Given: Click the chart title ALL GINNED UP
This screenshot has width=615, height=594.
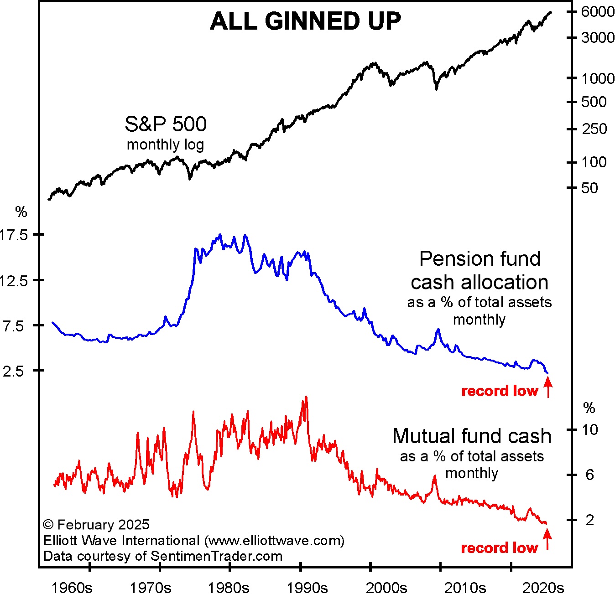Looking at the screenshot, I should (x=305, y=21).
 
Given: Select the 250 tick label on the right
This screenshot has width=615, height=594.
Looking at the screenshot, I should (x=594, y=129).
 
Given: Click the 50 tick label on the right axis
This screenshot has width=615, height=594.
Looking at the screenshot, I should (x=589, y=188).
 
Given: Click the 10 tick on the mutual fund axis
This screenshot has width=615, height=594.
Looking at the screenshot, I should (x=589, y=429).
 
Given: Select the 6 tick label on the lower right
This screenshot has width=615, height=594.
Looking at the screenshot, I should (x=589, y=475).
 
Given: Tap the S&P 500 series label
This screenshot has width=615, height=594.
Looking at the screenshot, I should (x=166, y=124).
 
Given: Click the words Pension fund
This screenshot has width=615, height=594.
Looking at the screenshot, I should (x=480, y=259).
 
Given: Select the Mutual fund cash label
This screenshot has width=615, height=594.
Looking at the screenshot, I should (x=472, y=436).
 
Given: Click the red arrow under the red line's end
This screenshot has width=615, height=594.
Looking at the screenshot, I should (x=547, y=538).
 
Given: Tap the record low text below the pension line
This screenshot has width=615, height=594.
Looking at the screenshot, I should (x=500, y=391).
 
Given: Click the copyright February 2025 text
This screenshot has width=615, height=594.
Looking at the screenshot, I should (x=96, y=525).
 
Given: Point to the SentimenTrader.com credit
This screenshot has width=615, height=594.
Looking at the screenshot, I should (x=216, y=556).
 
